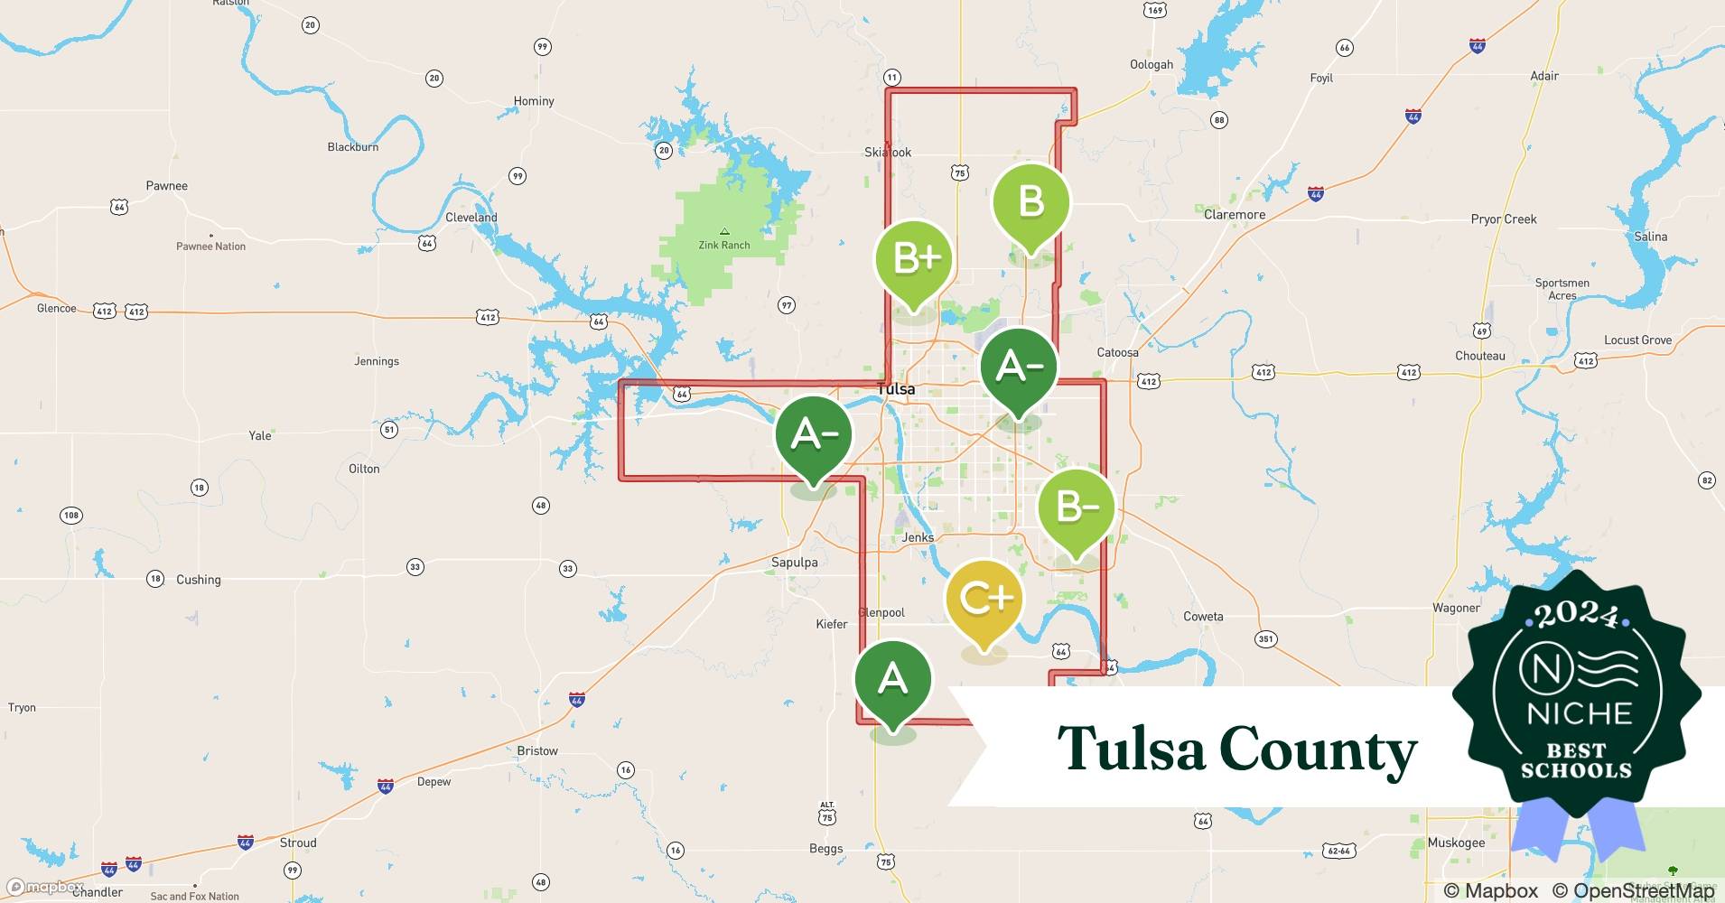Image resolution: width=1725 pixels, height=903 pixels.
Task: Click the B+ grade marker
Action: [x=914, y=260]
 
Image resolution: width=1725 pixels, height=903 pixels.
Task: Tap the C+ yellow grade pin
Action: [x=984, y=599]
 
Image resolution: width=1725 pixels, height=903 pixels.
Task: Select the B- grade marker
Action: [x=1076, y=507]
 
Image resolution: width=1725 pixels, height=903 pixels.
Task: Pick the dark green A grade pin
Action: [x=892, y=678]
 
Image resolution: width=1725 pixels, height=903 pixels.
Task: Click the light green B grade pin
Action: [x=1030, y=202]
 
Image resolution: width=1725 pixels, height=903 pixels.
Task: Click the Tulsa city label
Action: [x=896, y=389]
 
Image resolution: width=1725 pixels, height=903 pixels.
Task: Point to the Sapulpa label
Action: [x=794, y=562]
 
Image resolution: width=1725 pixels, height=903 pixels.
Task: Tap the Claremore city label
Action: [x=1234, y=215]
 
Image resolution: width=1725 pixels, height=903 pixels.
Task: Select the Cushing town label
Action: [x=198, y=580]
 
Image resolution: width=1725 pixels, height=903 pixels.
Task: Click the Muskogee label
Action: [x=1456, y=842]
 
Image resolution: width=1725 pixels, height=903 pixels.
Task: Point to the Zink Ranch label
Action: [x=724, y=245]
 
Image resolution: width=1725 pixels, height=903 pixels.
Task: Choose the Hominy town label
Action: [x=534, y=101]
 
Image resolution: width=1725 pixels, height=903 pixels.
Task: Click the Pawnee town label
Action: [x=167, y=186]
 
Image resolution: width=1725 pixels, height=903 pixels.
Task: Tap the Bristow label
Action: [x=537, y=750]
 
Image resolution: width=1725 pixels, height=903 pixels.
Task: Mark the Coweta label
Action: [x=1203, y=617]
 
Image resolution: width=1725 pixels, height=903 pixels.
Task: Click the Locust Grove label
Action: [x=1637, y=340]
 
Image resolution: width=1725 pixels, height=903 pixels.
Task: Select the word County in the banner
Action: [x=1318, y=750]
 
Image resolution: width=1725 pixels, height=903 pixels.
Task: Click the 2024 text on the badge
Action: [x=1576, y=616]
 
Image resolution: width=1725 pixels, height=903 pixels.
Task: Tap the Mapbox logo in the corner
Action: [x=45, y=888]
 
